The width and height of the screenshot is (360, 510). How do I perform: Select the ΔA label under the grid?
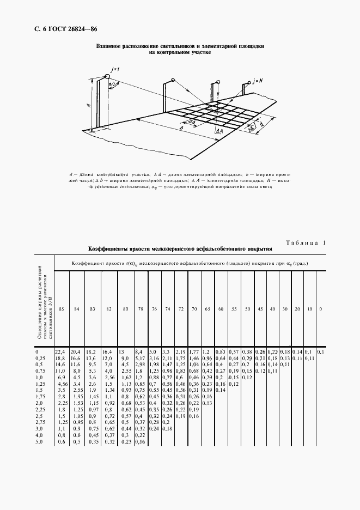(x=218, y=131)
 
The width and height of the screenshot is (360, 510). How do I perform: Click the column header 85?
(x=62, y=309)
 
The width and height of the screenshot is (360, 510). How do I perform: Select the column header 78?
(x=141, y=309)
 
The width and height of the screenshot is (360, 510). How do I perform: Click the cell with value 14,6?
(x=60, y=365)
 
